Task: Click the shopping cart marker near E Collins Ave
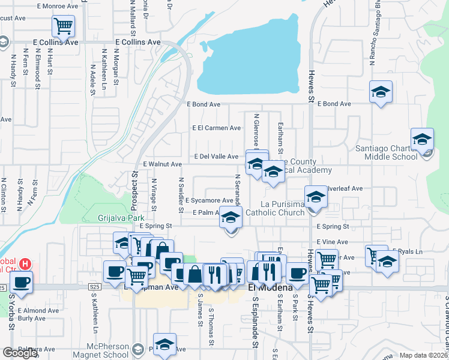pyautogui.click(x=63, y=26)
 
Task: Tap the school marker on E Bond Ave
pyautogui.click(x=381, y=92)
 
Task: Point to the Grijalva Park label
pyautogui.click(x=118, y=218)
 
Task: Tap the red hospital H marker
pyautogui.click(x=25, y=263)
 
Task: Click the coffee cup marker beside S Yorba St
pyautogui.click(x=22, y=281)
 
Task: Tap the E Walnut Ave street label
pyautogui.click(x=162, y=164)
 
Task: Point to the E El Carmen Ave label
pyautogui.click(x=217, y=128)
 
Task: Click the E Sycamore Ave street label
pyautogui.click(x=209, y=200)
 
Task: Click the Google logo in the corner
pyautogui.click(x=20, y=353)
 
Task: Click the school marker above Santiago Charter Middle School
pyautogui.click(x=422, y=139)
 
